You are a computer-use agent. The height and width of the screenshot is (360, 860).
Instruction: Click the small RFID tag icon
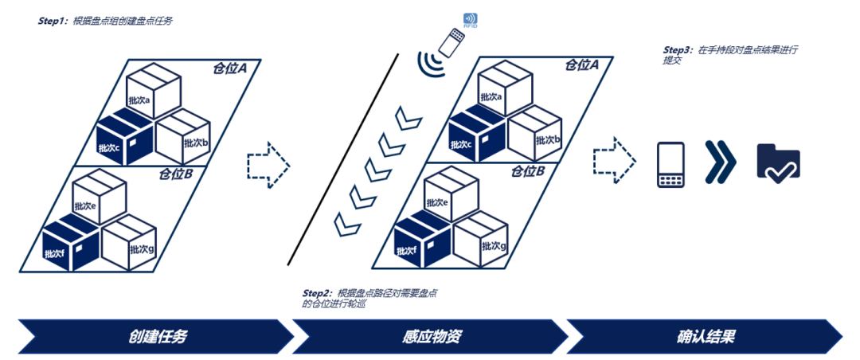[x=470, y=19]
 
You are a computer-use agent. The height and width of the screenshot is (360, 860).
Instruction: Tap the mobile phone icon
[x=671, y=165]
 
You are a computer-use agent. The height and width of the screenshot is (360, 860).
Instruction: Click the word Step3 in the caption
[x=678, y=49]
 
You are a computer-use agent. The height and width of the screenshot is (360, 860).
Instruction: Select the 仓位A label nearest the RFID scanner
[x=581, y=65]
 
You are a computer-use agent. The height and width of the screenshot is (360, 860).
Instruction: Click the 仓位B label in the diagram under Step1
[x=177, y=174]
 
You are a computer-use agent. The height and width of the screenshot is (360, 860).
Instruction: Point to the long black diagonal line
[x=342, y=159]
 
